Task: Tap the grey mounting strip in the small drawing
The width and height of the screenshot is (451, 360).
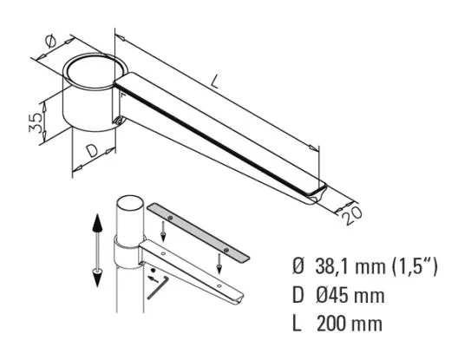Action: [199, 233]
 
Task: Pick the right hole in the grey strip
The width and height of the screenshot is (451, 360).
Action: [225, 250]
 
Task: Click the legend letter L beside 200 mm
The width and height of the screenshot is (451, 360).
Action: [297, 326]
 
